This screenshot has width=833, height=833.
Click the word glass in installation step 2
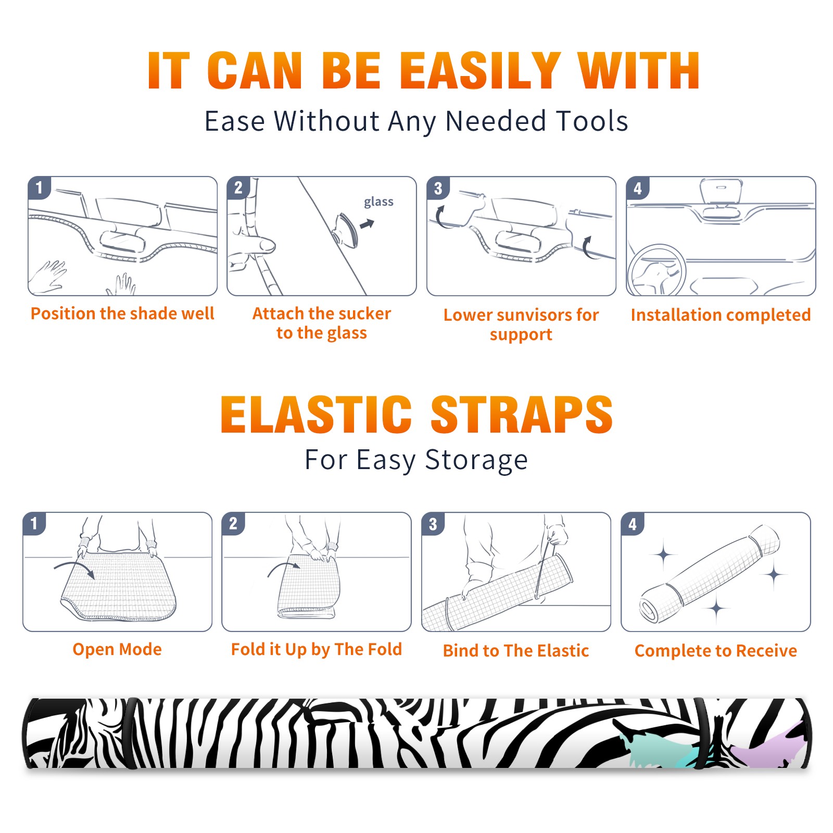(378, 202)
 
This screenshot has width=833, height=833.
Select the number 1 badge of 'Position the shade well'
(39, 187)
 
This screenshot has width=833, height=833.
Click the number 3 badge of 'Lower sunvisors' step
(438, 187)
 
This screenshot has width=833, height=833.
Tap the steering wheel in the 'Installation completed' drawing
(657, 270)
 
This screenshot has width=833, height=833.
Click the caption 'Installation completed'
(721, 314)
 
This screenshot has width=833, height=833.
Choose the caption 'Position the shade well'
(122, 313)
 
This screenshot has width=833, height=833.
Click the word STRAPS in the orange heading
(522, 414)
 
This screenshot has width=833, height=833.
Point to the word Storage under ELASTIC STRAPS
(476, 460)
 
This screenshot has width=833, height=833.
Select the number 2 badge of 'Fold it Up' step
(233, 523)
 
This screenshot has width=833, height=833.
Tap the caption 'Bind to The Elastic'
(516, 650)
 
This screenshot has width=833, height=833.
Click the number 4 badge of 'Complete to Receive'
(633, 523)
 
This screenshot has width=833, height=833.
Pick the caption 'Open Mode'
(117, 649)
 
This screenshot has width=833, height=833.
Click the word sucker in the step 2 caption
(364, 313)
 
